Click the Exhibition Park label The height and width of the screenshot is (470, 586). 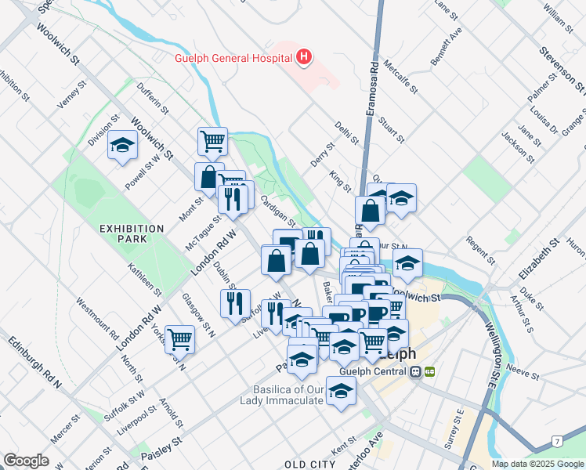pos(132,234)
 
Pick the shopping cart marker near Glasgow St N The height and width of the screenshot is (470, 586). pos(180,340)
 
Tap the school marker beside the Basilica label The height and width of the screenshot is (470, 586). pos(341,392)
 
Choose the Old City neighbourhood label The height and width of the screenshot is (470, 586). pos(310,465)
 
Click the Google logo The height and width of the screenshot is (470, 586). pos(26,461)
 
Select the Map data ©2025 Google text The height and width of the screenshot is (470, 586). pos(537,464)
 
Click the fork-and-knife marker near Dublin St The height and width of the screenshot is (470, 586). pos(235,304)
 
